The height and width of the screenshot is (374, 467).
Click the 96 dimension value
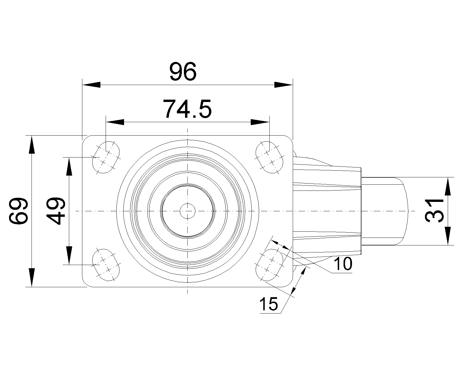(183, 71)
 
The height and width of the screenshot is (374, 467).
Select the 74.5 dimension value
(187, 109)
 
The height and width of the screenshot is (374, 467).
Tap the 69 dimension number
(18, 211)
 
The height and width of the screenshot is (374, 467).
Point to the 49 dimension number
(56, 211)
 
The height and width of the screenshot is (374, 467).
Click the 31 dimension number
(434, 210)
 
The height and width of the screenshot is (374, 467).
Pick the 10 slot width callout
(343, 264)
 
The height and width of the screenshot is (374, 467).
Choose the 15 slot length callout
(269, 304)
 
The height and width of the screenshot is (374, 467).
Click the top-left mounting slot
(106, 157)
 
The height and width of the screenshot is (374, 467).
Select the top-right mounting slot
(269, 157)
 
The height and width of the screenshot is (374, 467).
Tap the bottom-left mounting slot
(106, 265)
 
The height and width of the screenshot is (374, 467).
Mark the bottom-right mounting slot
(269, 265)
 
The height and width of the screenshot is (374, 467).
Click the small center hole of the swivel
(187, 211)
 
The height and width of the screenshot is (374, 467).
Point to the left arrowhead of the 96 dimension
(91, 85)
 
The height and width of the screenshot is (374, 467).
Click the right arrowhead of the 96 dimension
(284, 85)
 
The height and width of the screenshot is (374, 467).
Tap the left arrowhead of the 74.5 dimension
(115, 122)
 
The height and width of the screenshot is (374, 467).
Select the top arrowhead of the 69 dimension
(32, 145)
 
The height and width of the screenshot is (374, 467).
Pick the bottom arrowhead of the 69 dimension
(32, 278)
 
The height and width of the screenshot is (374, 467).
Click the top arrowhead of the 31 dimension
(447, 186)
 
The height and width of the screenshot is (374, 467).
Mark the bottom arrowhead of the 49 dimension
(69, 256)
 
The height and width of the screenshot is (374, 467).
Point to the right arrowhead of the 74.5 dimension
(260, 122)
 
